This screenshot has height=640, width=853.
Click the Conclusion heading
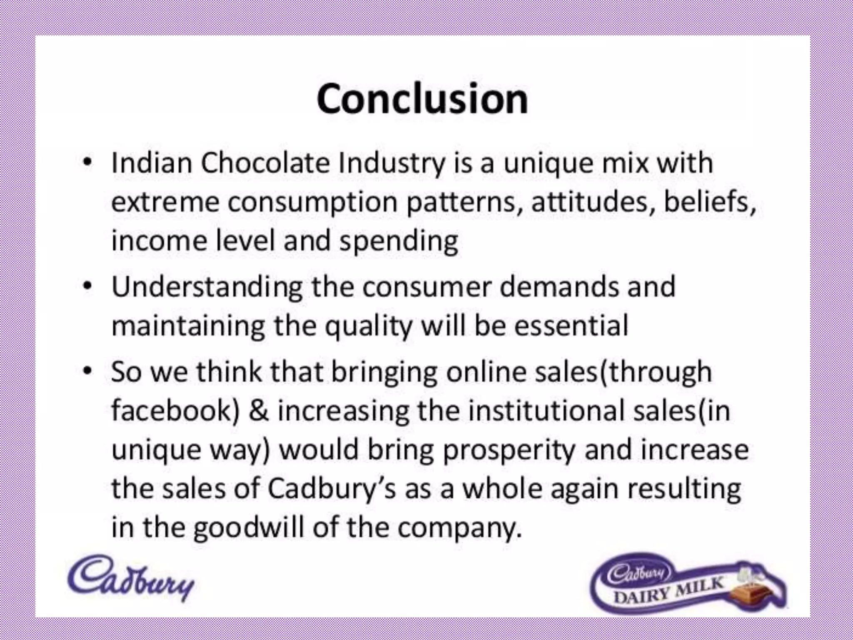pyautogui.click(x=422, y=99)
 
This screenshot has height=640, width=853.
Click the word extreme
pyautogui.click(x=165, y=202)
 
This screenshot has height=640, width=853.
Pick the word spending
pyautogui.click(x=399, y=241)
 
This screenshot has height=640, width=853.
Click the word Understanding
pyautogui.click(x=207, y=287)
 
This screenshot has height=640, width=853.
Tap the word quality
pyautogui.click(x=368, y=326)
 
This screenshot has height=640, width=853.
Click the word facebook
pyautogui.click(x=175, y=410)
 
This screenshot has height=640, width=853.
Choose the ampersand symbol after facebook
pyautogui.click(x=259, y=410)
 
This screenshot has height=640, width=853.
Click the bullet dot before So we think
pyautogui.click(x=87, y=370)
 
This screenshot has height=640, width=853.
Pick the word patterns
pyautogui.click(x=464, y=202)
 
